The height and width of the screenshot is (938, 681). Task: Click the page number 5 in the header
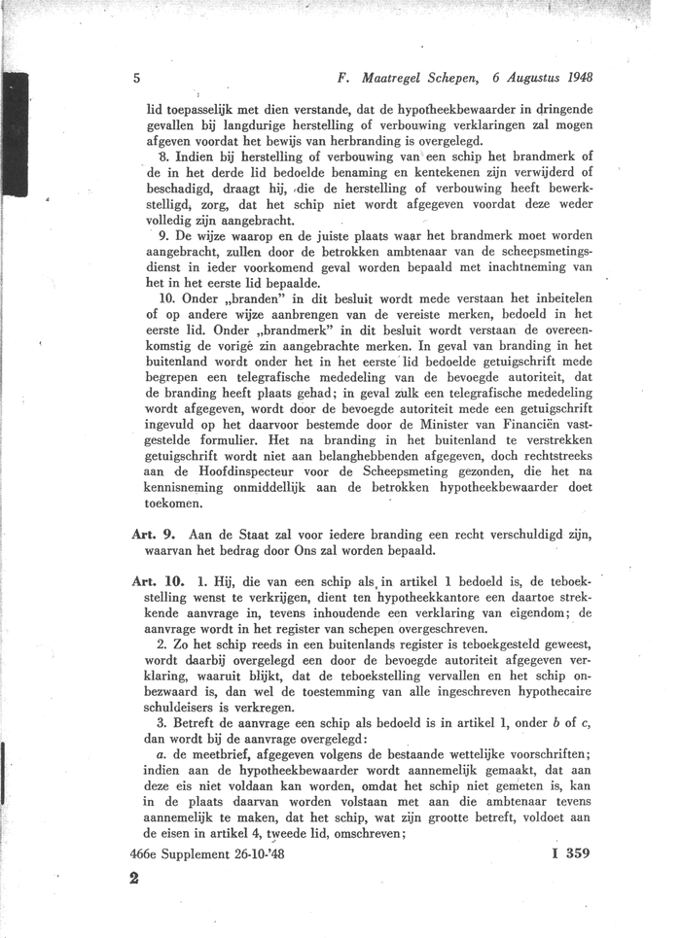coord(137,77)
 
